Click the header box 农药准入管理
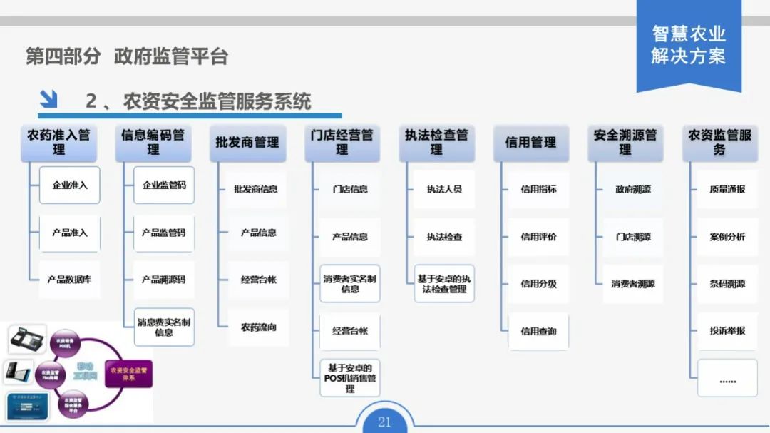pyautogui.click(x=58, y=143)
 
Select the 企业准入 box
pyautogui.click(x=70, y=185)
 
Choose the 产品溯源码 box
pyautogui.click(x=164, y=280)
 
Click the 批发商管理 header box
pyautogui.click(x=247, y=143)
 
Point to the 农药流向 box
pyautogui.click(x=258, y=327)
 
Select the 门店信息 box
pyautogui.click(x=350, y=190)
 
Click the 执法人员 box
pyautogui.click(x=444, y=190)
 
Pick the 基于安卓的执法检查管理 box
pyautogui.click(x=444, y=284)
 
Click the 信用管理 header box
pyautogui.click(x=530, y=143)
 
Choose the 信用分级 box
pyautogui.click(x=538, y=284)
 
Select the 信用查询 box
pyautogui.click(x=538, y=331)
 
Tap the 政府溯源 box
pyautogui.click(x=633, y=190)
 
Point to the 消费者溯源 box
pyautogui.click(x=633, y=284)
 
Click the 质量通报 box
pyautogui.click(x=727, y=190)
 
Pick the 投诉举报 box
pyautogui.click(x=727, y=331)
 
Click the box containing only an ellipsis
pyautogui.click(x=727, y=378)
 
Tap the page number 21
pyautogui.click(x=384, y=422)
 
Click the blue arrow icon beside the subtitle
pyautogui.click(x=48, y=98)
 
